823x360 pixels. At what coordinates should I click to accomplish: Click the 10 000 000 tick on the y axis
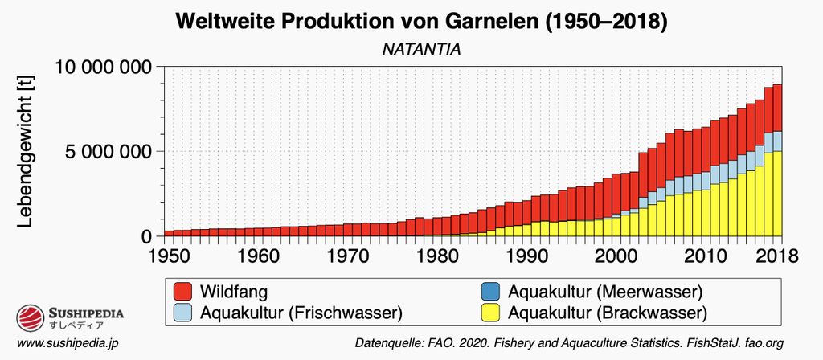pos(104,67)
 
